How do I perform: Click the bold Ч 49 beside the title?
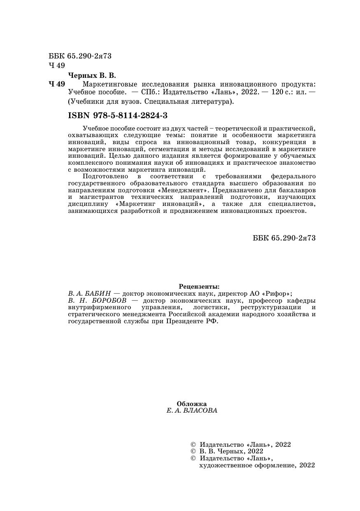tap(57, 84)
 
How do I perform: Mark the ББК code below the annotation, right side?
tap(284, 238)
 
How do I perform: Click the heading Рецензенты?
tap(199, 287)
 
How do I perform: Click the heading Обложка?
tap(192, 404)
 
